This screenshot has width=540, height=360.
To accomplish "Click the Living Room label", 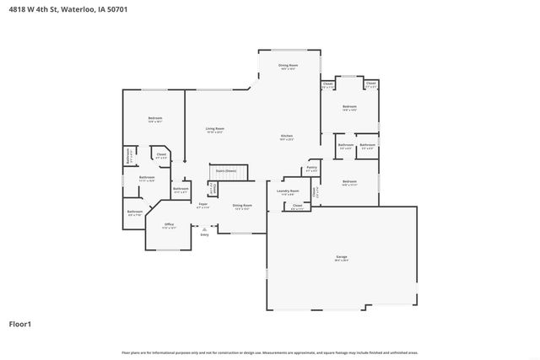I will pos(214,129).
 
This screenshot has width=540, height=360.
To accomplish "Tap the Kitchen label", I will pos(287,137).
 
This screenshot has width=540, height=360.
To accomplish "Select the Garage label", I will pos(342,256).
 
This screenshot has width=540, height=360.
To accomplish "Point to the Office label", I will pos(169,224).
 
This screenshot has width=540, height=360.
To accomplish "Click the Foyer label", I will pos(203,204).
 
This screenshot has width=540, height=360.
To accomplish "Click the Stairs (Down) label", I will pos(226,169).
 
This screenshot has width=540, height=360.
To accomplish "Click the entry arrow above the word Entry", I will pos(204,228).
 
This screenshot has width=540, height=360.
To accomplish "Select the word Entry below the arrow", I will pos(204,235).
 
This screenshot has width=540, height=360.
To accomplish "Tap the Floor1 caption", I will pos(20,323).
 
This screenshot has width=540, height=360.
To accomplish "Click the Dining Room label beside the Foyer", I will pos(242,206).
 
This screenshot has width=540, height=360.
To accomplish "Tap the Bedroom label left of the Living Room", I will pos(155,118).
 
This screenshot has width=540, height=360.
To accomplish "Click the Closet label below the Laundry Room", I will pos(297,206).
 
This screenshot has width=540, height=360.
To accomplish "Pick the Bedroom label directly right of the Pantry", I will pos(349,181).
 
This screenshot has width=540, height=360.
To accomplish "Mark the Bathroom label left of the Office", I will pos(134,212).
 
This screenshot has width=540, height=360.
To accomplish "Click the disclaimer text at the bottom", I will pos(269,352).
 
